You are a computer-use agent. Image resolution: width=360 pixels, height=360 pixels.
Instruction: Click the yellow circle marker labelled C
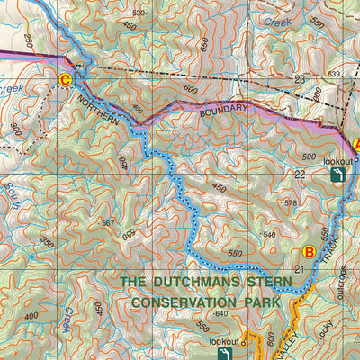coord(65,80)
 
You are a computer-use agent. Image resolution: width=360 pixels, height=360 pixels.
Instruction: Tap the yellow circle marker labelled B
coord(309,252)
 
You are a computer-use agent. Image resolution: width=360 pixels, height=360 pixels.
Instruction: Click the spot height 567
coord(109,222)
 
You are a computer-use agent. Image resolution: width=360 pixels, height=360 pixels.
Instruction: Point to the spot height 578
coord(289,203)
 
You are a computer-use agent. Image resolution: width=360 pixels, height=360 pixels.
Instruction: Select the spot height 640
coord(222,314)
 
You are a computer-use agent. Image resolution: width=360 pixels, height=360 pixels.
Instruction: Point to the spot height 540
coord(268,235)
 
